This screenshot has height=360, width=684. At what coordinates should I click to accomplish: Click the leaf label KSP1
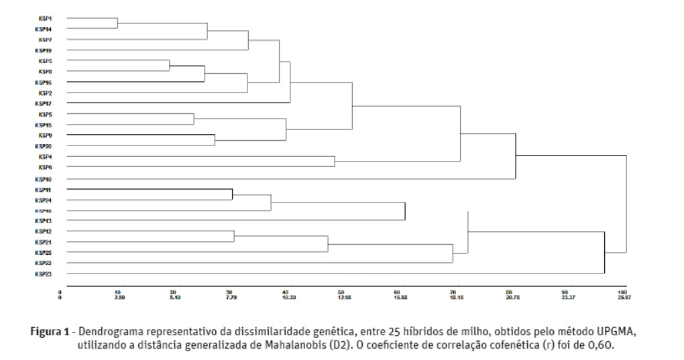click(x=44, y=18)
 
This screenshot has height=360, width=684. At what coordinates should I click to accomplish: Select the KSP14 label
click(x=44, y=29)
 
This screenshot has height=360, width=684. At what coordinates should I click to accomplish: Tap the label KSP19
click(x=44, y=50)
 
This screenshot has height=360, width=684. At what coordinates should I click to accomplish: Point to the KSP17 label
click(x=44, y=103)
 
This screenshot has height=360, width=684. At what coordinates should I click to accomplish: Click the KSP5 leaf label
click(x=44, y=115)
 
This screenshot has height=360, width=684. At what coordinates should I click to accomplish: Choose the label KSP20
click(x=44, y=146)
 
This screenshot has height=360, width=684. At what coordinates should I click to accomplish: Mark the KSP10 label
click(x=44, y=179)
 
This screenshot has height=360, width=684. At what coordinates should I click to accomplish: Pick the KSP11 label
click(x=44, y=190)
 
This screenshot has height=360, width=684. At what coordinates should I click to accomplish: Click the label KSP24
click(x=44, y=200)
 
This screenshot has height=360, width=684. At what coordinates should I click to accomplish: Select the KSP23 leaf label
click(x=44, y=274)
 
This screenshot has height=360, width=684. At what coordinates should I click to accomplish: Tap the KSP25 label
click(x=44, y=253)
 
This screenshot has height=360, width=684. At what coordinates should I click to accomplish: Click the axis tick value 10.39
click(x=286, y=296)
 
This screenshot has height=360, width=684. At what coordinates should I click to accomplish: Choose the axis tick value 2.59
click(x=118, y=296)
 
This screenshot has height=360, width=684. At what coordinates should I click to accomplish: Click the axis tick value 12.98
click(x=343, y=296)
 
